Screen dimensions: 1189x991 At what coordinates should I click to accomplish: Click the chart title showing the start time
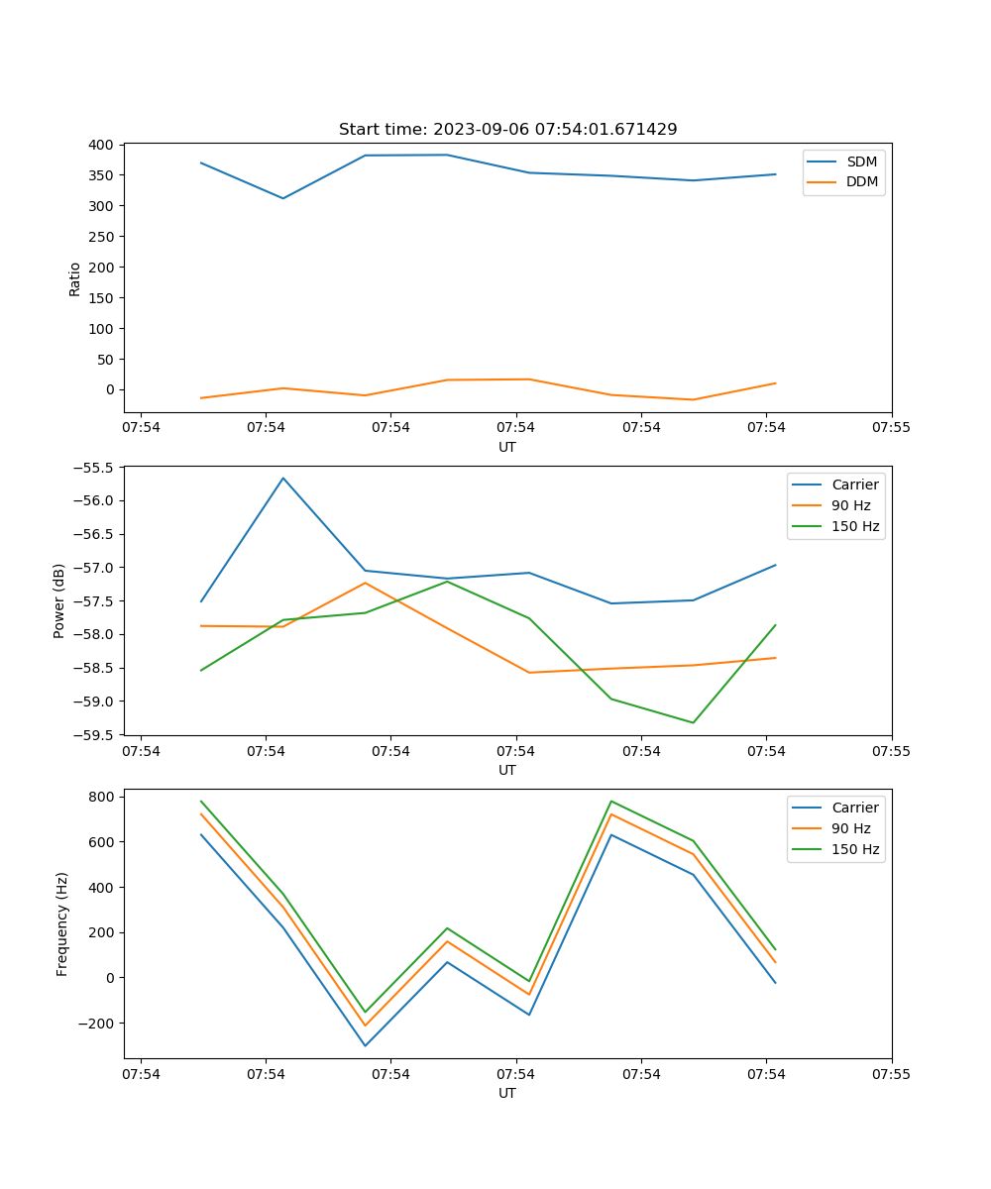coord(507,130)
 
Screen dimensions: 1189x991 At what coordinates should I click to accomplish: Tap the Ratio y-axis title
coord(75,278)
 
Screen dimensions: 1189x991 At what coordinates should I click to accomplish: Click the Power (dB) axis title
coord(59,600)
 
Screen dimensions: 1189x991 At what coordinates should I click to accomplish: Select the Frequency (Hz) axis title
coord(62,923)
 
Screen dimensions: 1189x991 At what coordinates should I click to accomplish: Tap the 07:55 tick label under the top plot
coord(891,427)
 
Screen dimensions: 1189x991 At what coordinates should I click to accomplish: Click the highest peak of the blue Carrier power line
coord(283,479)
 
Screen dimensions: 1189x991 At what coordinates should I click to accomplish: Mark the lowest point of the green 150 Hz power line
coord(693,722)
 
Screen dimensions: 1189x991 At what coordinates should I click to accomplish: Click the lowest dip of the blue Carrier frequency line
coord(365,1045)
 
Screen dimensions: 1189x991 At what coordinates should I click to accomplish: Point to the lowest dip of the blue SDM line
coord(283,198)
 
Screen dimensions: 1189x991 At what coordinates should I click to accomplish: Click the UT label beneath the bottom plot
coord(507,1093)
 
